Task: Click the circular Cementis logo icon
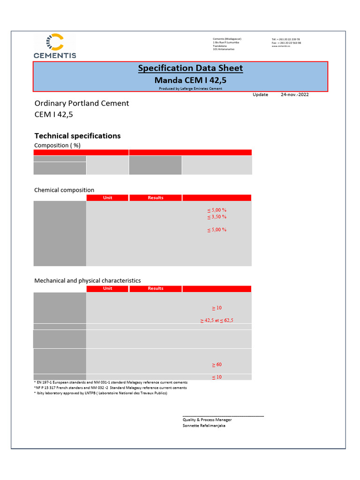tap(55, 42)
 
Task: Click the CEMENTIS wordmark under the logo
tap(55, 55)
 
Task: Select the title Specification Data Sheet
tap(190, 68)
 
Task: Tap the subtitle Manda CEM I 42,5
tap(190, 80)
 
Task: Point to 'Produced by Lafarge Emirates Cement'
tap(190, 88)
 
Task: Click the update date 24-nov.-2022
tap(294, 95)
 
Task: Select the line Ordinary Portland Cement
tap(82, 104)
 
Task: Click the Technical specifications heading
tap(77, 136)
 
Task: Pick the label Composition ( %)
tap(57, 145)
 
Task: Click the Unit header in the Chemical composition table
tap(108, 198)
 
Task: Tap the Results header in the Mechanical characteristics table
tap(156, 289)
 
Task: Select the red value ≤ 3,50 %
tap(217, 217)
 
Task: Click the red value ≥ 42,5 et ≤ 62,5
tap(217, 321)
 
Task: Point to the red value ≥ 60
tap(217, 365)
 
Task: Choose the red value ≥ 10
tap(217, 308)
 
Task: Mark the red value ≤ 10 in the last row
tap(217, 377)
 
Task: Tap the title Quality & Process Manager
tap(207, 420)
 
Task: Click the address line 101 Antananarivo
tap(224, 49)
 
